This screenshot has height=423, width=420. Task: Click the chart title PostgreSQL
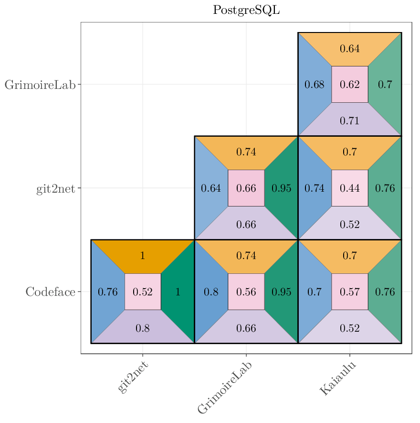pyautogui.click(x=246, y=10)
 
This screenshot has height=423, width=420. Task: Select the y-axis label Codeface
pyautogui.click(x=50, y=292)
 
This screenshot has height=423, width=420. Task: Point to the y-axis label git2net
pyautogui.click(x=55, y=188)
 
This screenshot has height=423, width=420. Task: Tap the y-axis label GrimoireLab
pyautogui.click(x=40, y=85)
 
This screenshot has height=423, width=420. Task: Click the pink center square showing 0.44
pyautogui.click(x=349, y=188)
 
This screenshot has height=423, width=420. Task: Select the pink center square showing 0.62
pyautogui.click(x=349, y=85)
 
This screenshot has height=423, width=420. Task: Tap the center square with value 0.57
pyautogui.click(x=349, y=292)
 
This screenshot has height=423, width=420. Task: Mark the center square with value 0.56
pyautogui.click(x=246, y=292)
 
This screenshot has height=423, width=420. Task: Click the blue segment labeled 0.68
pyautogui.click(x=314, y=85)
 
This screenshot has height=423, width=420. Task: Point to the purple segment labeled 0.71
pyautogui.click(x=349, y=120)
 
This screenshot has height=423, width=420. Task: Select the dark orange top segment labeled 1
pyautogui.click(x=142, y=255)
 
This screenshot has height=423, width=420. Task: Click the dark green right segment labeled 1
pyautogui.click(x=178, y=292)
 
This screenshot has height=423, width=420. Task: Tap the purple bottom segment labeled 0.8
pyautogui.click(x=142, y=328)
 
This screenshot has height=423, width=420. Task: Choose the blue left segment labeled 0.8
pyautogui.click(x=210, y=292)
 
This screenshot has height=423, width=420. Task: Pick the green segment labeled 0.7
pyautogui.click(x=385, y=85)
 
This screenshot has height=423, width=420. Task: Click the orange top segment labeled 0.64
pyautogui.click(x=349, y=48)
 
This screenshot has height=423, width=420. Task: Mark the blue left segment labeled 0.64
pyautogui.click(x=210, y=188)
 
